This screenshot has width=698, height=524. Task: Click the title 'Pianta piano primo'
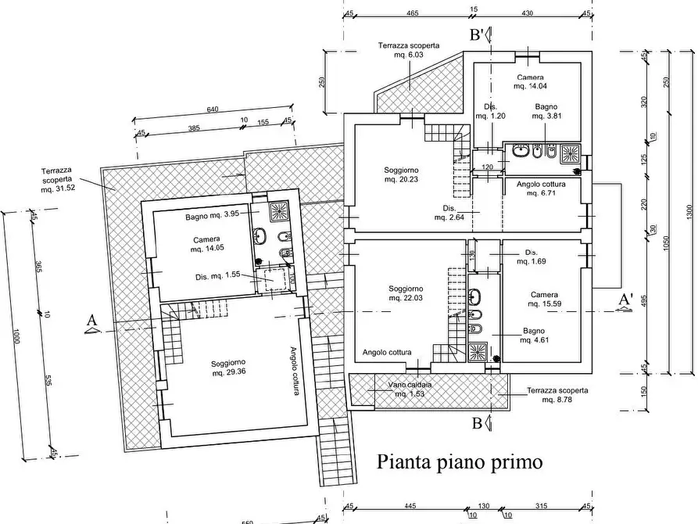pyautogui.click(x=460, y=461)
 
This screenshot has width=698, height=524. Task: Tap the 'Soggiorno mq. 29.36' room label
pyautogui.click(x=228, y=368)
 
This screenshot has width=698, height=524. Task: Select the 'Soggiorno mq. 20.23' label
pyautogui.click(x=401, y=174)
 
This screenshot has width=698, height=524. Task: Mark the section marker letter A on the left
pyautogui.click(x=91, y=321)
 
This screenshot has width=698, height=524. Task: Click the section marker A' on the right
pyautogui.click(x=625, y=300)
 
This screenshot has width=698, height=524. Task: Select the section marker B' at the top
pyautogui.click(x=476, y=34)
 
